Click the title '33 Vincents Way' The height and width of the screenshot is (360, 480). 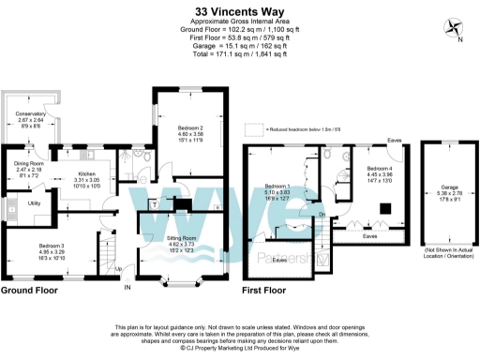point(239,13)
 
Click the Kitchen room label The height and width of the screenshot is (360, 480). point(87,177)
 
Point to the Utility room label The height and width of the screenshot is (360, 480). point(33,202)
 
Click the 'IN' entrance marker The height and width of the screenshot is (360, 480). point(128,288)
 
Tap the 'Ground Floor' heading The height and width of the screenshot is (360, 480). point(32,291)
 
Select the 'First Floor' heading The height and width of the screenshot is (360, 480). point(271,291)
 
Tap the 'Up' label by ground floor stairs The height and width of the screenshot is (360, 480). point(119,268)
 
